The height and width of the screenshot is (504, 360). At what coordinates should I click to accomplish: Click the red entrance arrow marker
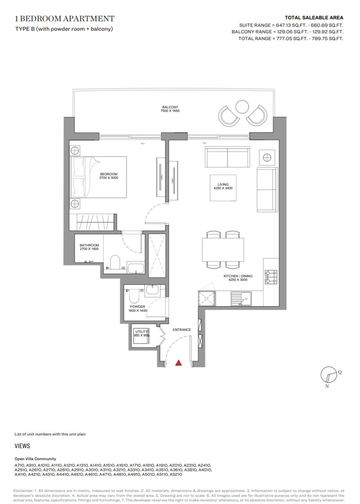click(x=178, y=363)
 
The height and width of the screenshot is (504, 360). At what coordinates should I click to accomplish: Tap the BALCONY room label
click(x=170, y=107)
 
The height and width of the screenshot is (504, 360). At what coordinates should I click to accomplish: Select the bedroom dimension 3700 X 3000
click(x=109, y=178)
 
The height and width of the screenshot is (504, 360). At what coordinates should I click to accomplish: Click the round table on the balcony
click(x=242, y=107)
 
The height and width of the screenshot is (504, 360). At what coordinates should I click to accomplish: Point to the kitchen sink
click(x=241, y=298)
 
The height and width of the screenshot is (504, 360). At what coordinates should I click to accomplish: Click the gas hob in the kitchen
click(x=271, y=277)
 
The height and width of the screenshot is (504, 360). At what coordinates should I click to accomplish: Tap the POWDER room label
click(x=137, y=307)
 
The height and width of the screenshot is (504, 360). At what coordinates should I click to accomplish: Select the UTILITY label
click(x=141, y=332)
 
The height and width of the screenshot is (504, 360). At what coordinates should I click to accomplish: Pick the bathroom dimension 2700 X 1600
click(x=89, y=249)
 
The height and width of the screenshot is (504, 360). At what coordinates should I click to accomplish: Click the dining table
click(x=223, y=249)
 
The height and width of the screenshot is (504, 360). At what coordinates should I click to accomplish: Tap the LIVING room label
click(x=223, y=184)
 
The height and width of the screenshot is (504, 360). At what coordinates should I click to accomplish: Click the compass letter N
click(x=327, y=386)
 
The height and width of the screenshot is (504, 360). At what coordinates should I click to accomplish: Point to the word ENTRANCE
click(x=182, y=330)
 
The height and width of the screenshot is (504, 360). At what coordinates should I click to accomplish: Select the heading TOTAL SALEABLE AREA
click(x=314, y=18)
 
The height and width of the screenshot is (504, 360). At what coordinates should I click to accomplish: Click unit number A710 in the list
click(x=19, y=465)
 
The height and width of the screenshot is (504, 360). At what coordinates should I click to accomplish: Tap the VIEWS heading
click(x=22, y=446)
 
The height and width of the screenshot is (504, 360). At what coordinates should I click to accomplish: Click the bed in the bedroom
click(x=98, y=177)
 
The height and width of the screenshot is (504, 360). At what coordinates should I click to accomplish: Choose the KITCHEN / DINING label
click(x=238, y=276)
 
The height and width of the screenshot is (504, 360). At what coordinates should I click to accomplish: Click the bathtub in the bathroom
click(x=135, y=267)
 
